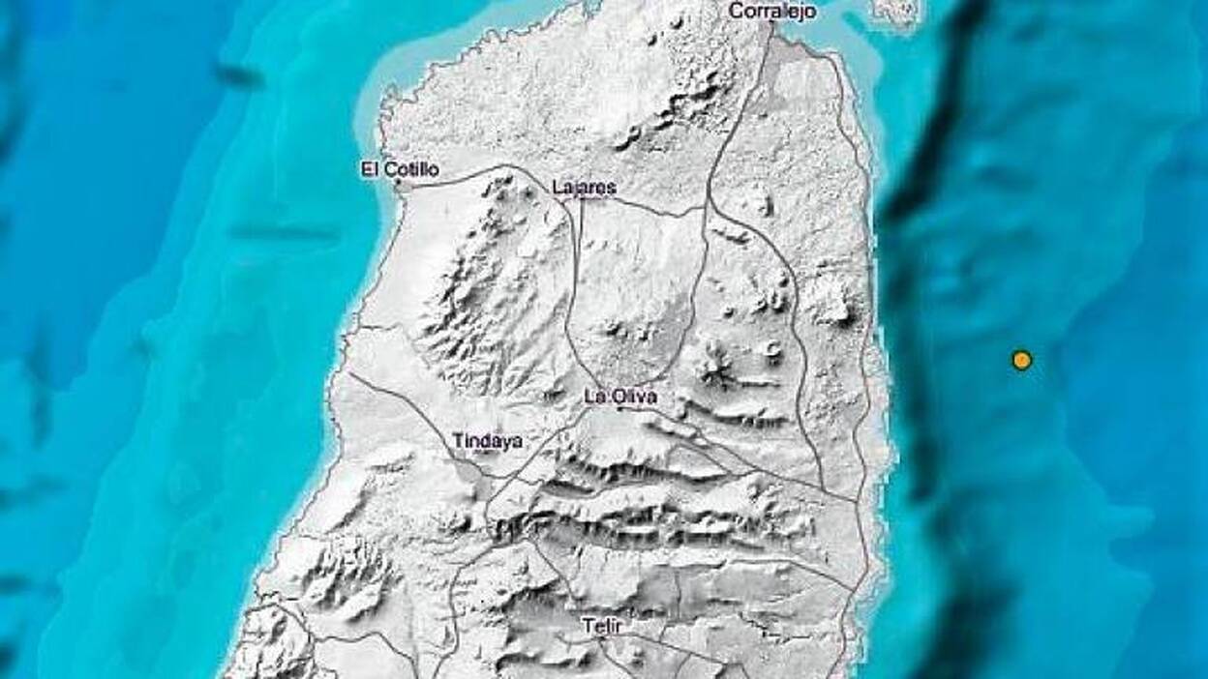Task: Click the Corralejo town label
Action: point(771,12)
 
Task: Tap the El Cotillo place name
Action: point(399,170)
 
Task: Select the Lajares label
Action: point(584,188)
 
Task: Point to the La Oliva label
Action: point(620,396)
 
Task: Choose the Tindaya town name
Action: point(487,441)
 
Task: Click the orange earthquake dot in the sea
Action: point(1021,360)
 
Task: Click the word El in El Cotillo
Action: point(369,170)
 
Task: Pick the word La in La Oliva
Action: point(594,396)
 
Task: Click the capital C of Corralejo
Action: point(734,12)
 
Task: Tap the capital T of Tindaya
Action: point(458,441)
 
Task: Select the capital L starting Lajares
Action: point(556,188)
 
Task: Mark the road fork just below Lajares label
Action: point(579,201)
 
